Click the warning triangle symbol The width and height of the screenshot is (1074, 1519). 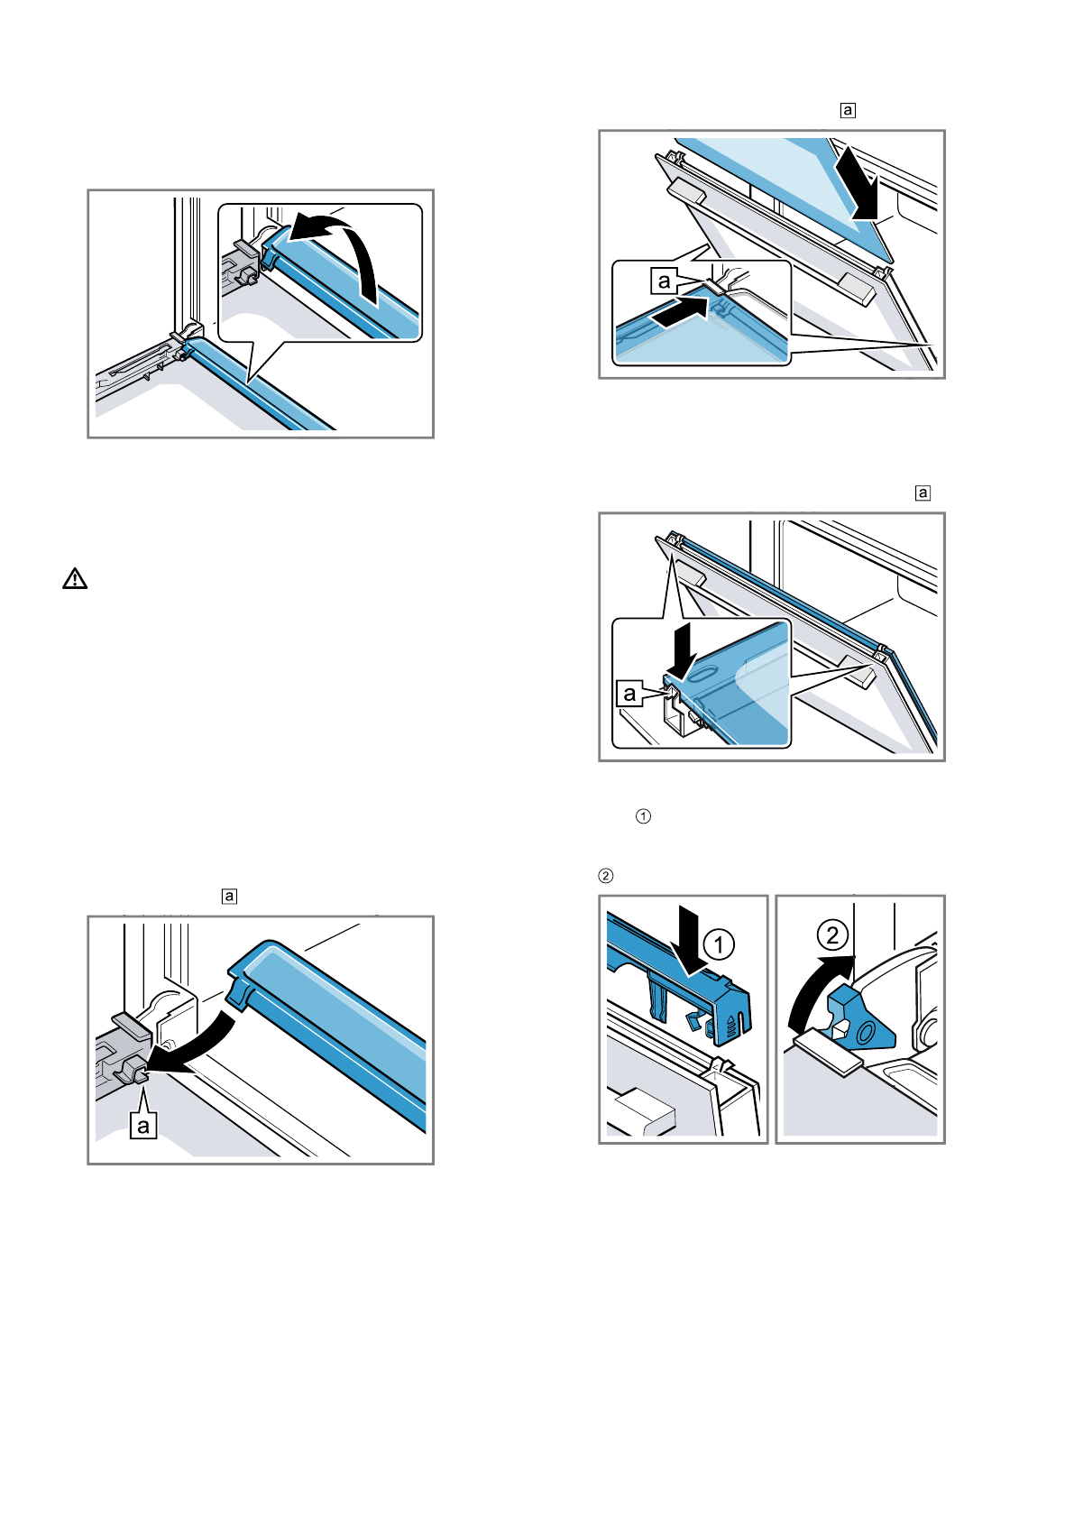[x=75, y=579]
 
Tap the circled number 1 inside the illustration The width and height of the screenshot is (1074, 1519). [x=719, y=944]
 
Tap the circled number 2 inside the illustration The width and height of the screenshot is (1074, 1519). [x=832, y=934]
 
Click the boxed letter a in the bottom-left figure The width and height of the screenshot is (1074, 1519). [x=143, y=1125]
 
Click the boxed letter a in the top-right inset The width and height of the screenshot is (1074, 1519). [x=665, y=281]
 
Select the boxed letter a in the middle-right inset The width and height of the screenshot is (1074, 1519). [x=629, y=694]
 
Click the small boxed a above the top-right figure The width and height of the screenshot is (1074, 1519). [x=848, y=111]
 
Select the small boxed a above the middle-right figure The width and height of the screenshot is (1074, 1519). [x=923, y=493]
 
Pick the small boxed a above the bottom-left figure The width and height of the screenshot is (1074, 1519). [x=230, y=897]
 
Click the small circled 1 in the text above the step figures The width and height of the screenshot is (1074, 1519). [x=644, y=816]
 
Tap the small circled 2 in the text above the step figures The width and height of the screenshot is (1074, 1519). [x=607, y=876]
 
